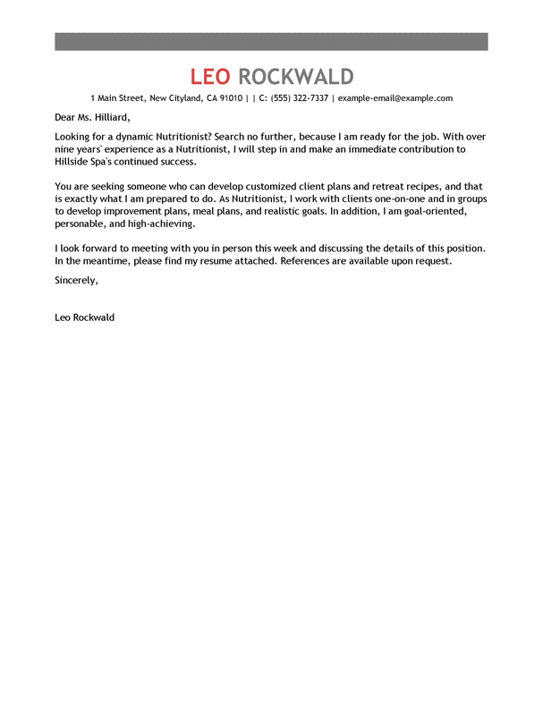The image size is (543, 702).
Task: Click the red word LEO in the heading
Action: click(212, 76)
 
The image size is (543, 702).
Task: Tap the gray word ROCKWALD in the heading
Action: click(296, 76)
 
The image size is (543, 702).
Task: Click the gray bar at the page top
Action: click(271, 41)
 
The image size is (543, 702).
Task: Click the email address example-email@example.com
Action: click(395, 98)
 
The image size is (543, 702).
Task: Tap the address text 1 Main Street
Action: click(117, 98)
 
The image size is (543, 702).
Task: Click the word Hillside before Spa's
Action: click(74, 162)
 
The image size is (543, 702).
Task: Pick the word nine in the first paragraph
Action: click(64, 149)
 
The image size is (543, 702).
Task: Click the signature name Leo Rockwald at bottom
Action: click(84, 317)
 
